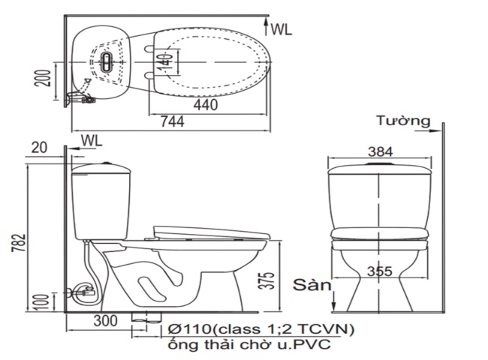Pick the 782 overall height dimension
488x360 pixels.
click(x=20, y=241)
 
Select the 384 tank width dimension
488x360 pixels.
click(x=380, y=151)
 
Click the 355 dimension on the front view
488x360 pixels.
click(x=380, y=271)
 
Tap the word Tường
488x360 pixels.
click(x=403, y=121)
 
